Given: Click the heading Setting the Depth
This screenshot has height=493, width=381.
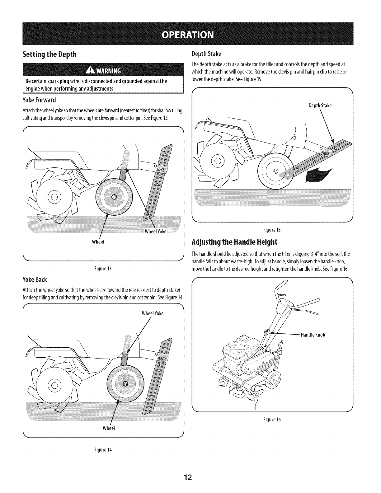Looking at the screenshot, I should tap(49, 54).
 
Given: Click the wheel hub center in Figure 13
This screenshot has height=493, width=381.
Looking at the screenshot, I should tap(114, 197).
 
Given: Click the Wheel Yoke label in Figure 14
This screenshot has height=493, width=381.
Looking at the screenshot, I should tap(153, 313).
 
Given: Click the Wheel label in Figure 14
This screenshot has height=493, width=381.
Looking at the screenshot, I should tap(109, 428).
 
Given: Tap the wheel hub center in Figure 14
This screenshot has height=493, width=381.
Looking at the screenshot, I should tap(125, 383).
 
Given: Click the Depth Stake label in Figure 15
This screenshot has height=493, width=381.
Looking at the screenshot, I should tap(320, 106).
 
